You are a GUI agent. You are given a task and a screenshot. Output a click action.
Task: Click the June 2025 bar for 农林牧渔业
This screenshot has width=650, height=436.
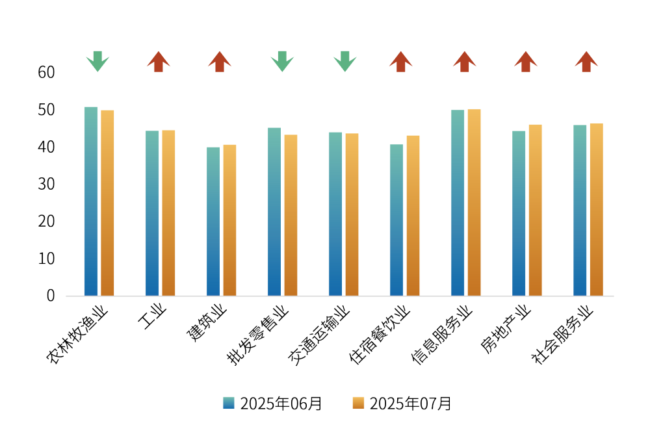(x=91, y=201)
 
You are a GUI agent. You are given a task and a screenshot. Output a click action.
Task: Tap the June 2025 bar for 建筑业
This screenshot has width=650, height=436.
(x=213, y=222)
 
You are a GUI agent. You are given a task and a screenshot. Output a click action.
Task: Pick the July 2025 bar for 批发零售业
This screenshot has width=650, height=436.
(x=291, y=215)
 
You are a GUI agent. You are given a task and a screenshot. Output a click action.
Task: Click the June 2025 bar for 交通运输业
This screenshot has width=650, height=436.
(x=335, y=214)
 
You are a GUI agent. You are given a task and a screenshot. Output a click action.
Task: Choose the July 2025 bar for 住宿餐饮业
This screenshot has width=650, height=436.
(x=413, y=216)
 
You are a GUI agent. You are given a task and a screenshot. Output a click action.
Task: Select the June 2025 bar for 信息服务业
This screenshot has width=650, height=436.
(x=458, y=203)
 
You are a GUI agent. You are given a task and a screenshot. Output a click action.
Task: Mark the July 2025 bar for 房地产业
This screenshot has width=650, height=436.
(x=535, y=210)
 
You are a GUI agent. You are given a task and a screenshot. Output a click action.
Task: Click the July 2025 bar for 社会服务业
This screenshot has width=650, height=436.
(x=596, y=209)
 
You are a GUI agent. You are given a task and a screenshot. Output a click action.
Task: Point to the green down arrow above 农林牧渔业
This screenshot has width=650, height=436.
(x=97, y=61)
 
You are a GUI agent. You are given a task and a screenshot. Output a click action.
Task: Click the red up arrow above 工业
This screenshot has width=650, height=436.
(x=159, y=61)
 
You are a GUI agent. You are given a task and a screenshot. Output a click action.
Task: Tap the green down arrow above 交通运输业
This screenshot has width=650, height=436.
(x=345, y=61)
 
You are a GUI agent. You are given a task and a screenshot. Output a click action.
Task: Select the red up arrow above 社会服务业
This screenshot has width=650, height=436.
(x=586, y=61)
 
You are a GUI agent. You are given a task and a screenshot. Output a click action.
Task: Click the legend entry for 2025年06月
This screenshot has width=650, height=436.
(x=273, y=404)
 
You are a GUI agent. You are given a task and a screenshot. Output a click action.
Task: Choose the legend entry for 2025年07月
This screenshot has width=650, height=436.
(x=402, y=404)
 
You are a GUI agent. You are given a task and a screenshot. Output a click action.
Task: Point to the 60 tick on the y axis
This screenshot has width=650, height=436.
(x=47, y=73)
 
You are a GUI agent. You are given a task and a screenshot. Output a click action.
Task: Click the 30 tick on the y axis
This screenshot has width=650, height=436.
(x=47, y=185)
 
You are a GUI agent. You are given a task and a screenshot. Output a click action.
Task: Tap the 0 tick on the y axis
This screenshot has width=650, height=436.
(x=51, y=296)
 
